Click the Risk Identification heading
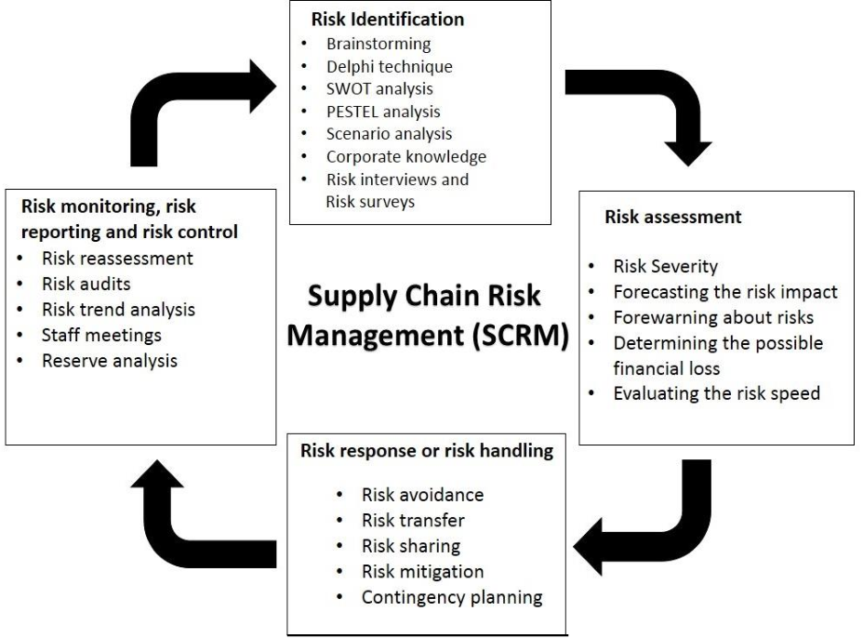(x=387, y=19)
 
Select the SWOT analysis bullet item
(x=379, y=89)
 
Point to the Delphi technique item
(x=389, y=67)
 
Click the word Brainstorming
(x=378, y=45)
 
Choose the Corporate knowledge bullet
(x=405, y=156)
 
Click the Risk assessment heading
(x=672, y=218)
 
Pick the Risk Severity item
(x=665, y=267)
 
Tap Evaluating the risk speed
(x=716, y=393)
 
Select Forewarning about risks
(x=713, y=317)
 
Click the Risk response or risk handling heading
(x=427, y=451)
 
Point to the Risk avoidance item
(x=422, y=495)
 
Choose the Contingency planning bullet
(x=452, y=597)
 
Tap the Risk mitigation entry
(x=422, y=572)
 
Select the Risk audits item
(x=86, y=284)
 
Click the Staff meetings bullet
(x=101, y=335)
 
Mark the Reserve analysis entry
(x=109, y=360)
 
